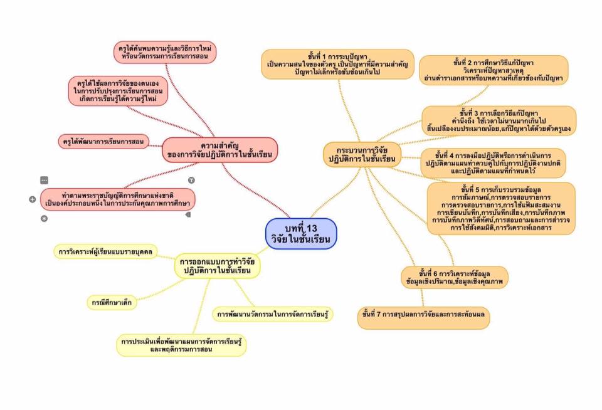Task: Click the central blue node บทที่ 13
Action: tap(301, 233)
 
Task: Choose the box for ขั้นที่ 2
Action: tap(494, 70)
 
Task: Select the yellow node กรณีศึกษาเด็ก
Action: tap(112, 302)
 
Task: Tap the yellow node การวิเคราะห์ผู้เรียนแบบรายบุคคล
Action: tap(105, 253)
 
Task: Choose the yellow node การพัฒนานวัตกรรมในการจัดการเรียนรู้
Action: tap(272, 313)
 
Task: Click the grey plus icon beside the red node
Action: tap(32, 199)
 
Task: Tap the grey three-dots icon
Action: tap(45, 180)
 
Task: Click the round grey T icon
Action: tap(191, 180)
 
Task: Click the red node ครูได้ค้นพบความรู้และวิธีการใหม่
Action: tap(165, 52)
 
